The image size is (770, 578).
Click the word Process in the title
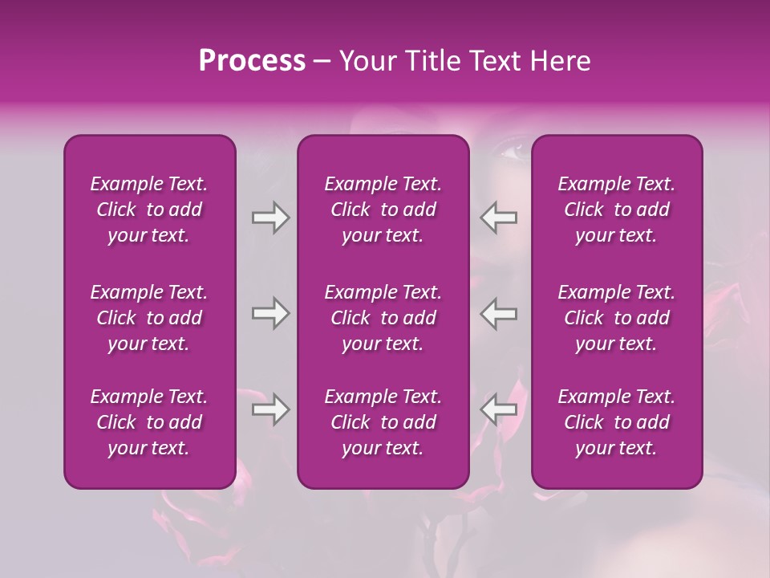pyautogui.click(x=252, y=61)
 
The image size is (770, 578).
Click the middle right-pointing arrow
pyautogui.click(x=270, y=313)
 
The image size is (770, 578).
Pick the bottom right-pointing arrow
pyautogui.click(x=270, y=409)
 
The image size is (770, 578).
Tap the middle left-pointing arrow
pyautogui.click(x=499, y=313)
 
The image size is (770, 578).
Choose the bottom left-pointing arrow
pyautogui.click(x=499, y=409)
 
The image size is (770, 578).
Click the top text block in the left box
pyautogui.click(x=149, y=210)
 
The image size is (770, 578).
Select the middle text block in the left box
pyautogui.click(x=149, y=318)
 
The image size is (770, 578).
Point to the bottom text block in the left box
pyautogui.click(x=149, y=422)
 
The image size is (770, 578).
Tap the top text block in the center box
pyautogui.click(x=383, y=210)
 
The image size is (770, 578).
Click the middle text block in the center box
pyautogui.click(x=383, y=318)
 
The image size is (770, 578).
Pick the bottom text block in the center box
pyautogui.click(x=383, y=422)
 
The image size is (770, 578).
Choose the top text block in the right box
pyautogui.click(x=617, y=210)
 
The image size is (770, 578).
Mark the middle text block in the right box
pyautogui.click(x=617, y=318)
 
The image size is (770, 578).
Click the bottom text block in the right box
pyautogui.click(x=617, y=422)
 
